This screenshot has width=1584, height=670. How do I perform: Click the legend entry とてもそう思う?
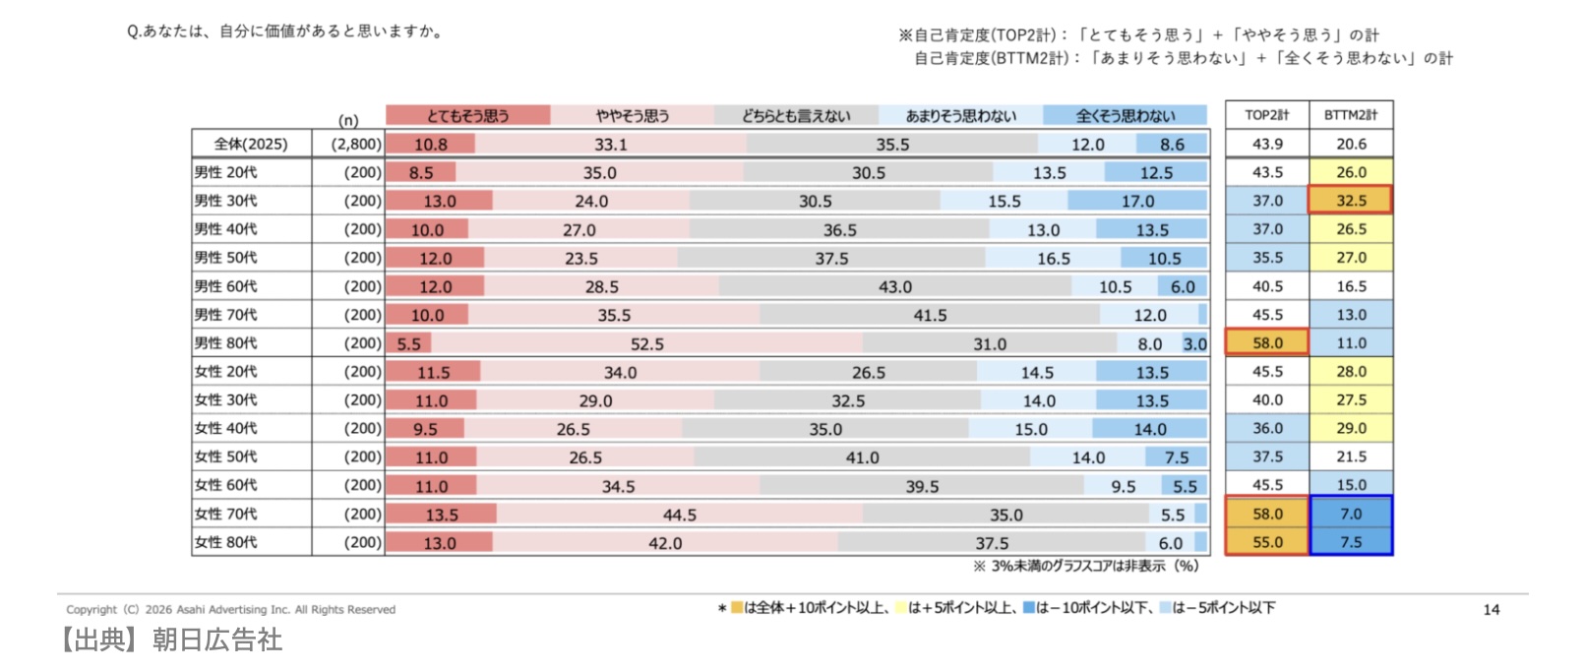pos(467,115)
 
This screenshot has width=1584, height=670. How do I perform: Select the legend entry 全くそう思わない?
pos(1125,115)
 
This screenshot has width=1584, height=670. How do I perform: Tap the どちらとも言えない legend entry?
pos(796,115)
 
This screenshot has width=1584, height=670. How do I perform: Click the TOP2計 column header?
pos(1267,115)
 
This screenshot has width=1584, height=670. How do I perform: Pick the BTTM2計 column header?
pos(1351,115)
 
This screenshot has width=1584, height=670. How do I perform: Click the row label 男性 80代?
pos(226,343)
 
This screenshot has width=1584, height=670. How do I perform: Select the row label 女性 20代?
pos(226,372)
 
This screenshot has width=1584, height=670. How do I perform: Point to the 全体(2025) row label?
pos(251,144)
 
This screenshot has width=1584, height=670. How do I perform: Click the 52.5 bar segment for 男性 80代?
pos(646,344)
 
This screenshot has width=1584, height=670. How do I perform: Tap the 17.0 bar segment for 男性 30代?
pos(1137,201)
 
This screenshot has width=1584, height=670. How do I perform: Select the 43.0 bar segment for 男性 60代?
pos(894,286)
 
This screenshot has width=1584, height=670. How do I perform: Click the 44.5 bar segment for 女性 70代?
pos(679,515)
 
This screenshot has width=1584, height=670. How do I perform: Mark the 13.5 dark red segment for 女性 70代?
pos(441,515)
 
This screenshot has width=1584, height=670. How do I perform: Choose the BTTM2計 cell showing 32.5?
pos(1351,201)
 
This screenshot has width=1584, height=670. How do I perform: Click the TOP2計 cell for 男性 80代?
pos(1267,343)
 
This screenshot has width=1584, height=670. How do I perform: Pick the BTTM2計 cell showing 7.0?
pos(1351,514)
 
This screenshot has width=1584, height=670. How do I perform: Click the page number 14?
pos(1492,610)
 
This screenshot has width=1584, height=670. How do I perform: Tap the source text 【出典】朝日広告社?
pos(169,640)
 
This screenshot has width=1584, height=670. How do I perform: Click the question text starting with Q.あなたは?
pos(285,31)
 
